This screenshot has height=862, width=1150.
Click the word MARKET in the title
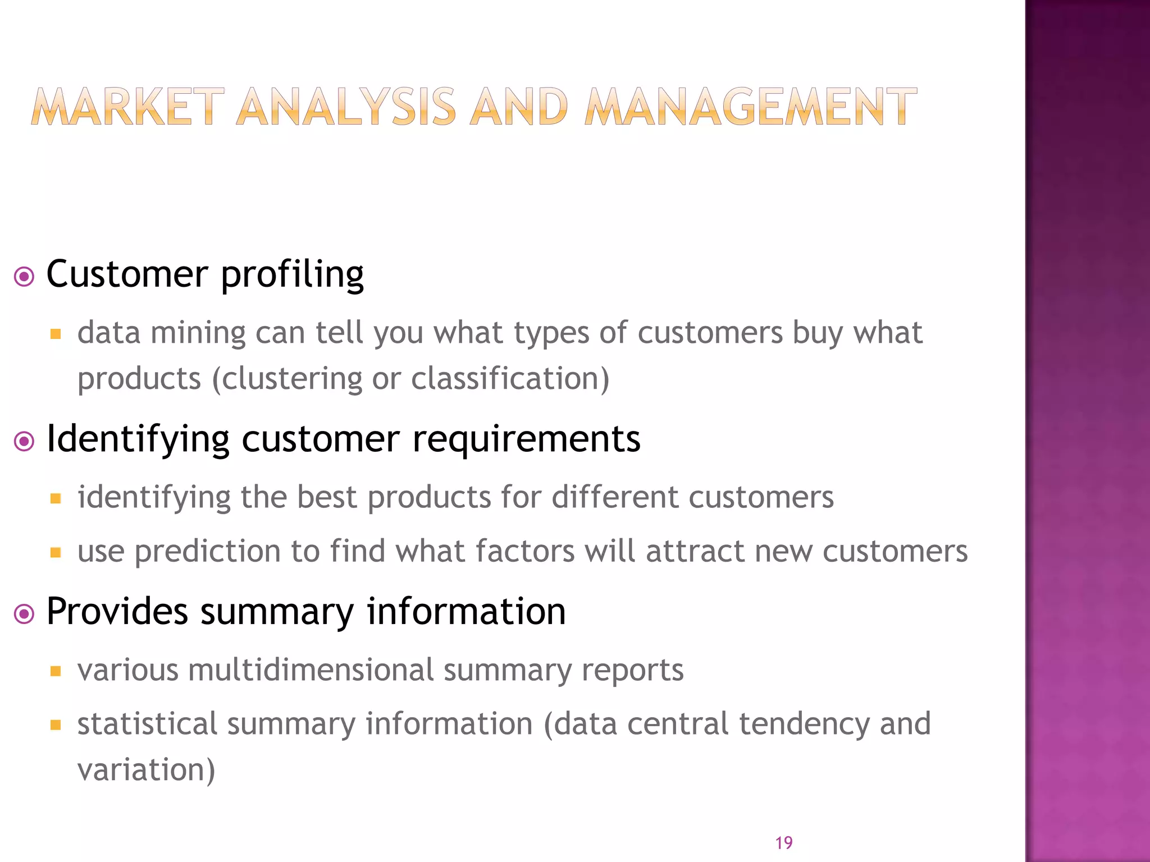click(x=127, y=107)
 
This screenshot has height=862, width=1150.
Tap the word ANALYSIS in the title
click(x=346, y=107)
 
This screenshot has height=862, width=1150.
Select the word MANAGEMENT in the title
click(x=751, y=107)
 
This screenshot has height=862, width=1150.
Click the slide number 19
click(x=784, y=842)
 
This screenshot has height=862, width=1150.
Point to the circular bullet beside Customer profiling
click(x=24, y=276)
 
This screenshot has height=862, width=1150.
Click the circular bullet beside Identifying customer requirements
click(x=24, y=441)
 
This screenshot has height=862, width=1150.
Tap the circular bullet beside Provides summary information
click(x=24, y=613)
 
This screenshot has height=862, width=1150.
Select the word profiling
click(x=292, y=275)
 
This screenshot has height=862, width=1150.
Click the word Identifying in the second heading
click(x=138, y=439)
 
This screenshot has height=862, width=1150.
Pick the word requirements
click(x=526, y=439)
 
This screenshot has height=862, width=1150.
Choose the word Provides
click(x=117, y=611)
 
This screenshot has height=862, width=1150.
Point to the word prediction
click(x=207, y=552)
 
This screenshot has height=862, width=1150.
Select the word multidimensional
click(x=311, y=670)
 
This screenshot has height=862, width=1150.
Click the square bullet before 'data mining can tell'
click(x=55, y=334)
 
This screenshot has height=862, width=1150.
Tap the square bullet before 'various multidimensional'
click(x=55, y=671)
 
